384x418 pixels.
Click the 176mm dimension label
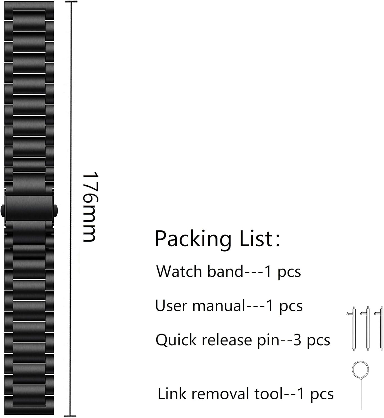[90, 206]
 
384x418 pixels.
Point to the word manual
[218, 306]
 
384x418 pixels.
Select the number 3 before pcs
[297, 340]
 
